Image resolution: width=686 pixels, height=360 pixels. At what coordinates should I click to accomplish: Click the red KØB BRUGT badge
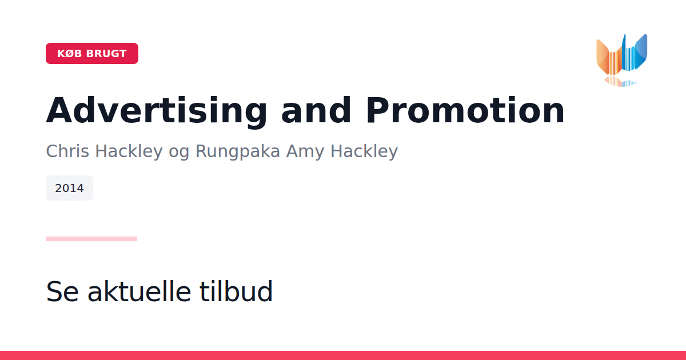[92, 54]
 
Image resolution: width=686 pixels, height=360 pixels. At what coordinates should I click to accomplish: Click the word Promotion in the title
[465, 110]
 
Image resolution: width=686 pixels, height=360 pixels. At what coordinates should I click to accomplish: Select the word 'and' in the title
[316, 110]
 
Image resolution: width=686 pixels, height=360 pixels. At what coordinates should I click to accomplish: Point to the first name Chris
[67, 151]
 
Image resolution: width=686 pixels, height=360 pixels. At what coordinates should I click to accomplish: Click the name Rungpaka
[238, 152]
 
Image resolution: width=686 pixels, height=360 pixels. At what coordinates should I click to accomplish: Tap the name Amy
[305, 152]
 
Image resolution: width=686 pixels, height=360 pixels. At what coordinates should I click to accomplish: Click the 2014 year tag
[70, 188]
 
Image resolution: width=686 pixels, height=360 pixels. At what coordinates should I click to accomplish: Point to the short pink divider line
[91, 239]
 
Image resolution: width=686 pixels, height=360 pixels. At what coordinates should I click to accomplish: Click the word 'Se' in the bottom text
[62, 291]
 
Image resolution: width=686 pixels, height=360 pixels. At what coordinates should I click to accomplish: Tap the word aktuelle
[139, 291]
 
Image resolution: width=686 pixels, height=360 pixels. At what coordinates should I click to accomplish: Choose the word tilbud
[236, 291]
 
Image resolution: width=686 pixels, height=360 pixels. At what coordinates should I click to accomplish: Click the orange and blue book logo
[622, 55]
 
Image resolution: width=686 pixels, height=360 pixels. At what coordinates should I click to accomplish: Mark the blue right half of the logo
[635, 53]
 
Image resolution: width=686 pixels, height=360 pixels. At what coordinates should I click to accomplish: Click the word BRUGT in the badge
[106, 54]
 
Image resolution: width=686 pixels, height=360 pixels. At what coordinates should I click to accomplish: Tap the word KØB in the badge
[70, 54]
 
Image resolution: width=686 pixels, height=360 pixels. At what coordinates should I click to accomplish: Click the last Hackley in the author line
[364, 152]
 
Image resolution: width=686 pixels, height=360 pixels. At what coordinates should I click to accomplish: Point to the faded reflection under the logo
[620, 82]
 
